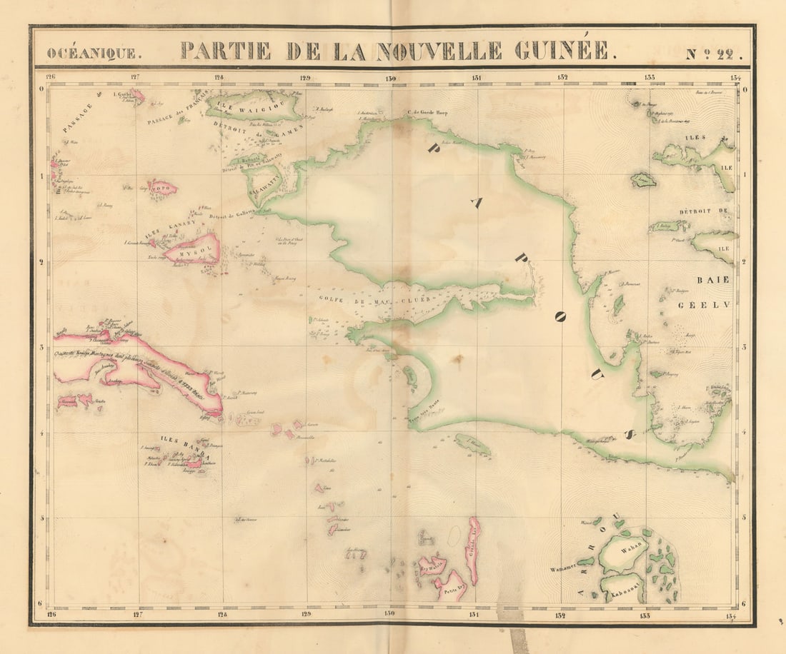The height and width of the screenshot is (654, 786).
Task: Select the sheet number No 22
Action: [x=715, y=53]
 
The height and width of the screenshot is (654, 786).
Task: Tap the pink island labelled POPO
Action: [x=162, y=188]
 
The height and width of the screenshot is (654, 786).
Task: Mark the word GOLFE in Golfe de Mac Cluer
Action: [x=323, y=299]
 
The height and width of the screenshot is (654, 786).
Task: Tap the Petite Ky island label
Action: [x=451, y=590]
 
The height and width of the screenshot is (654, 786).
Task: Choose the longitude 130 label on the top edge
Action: [x=390, y=78]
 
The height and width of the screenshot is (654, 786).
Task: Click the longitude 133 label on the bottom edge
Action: [x=646, y=615]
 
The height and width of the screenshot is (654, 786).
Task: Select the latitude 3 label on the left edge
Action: [x=41, y=347]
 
